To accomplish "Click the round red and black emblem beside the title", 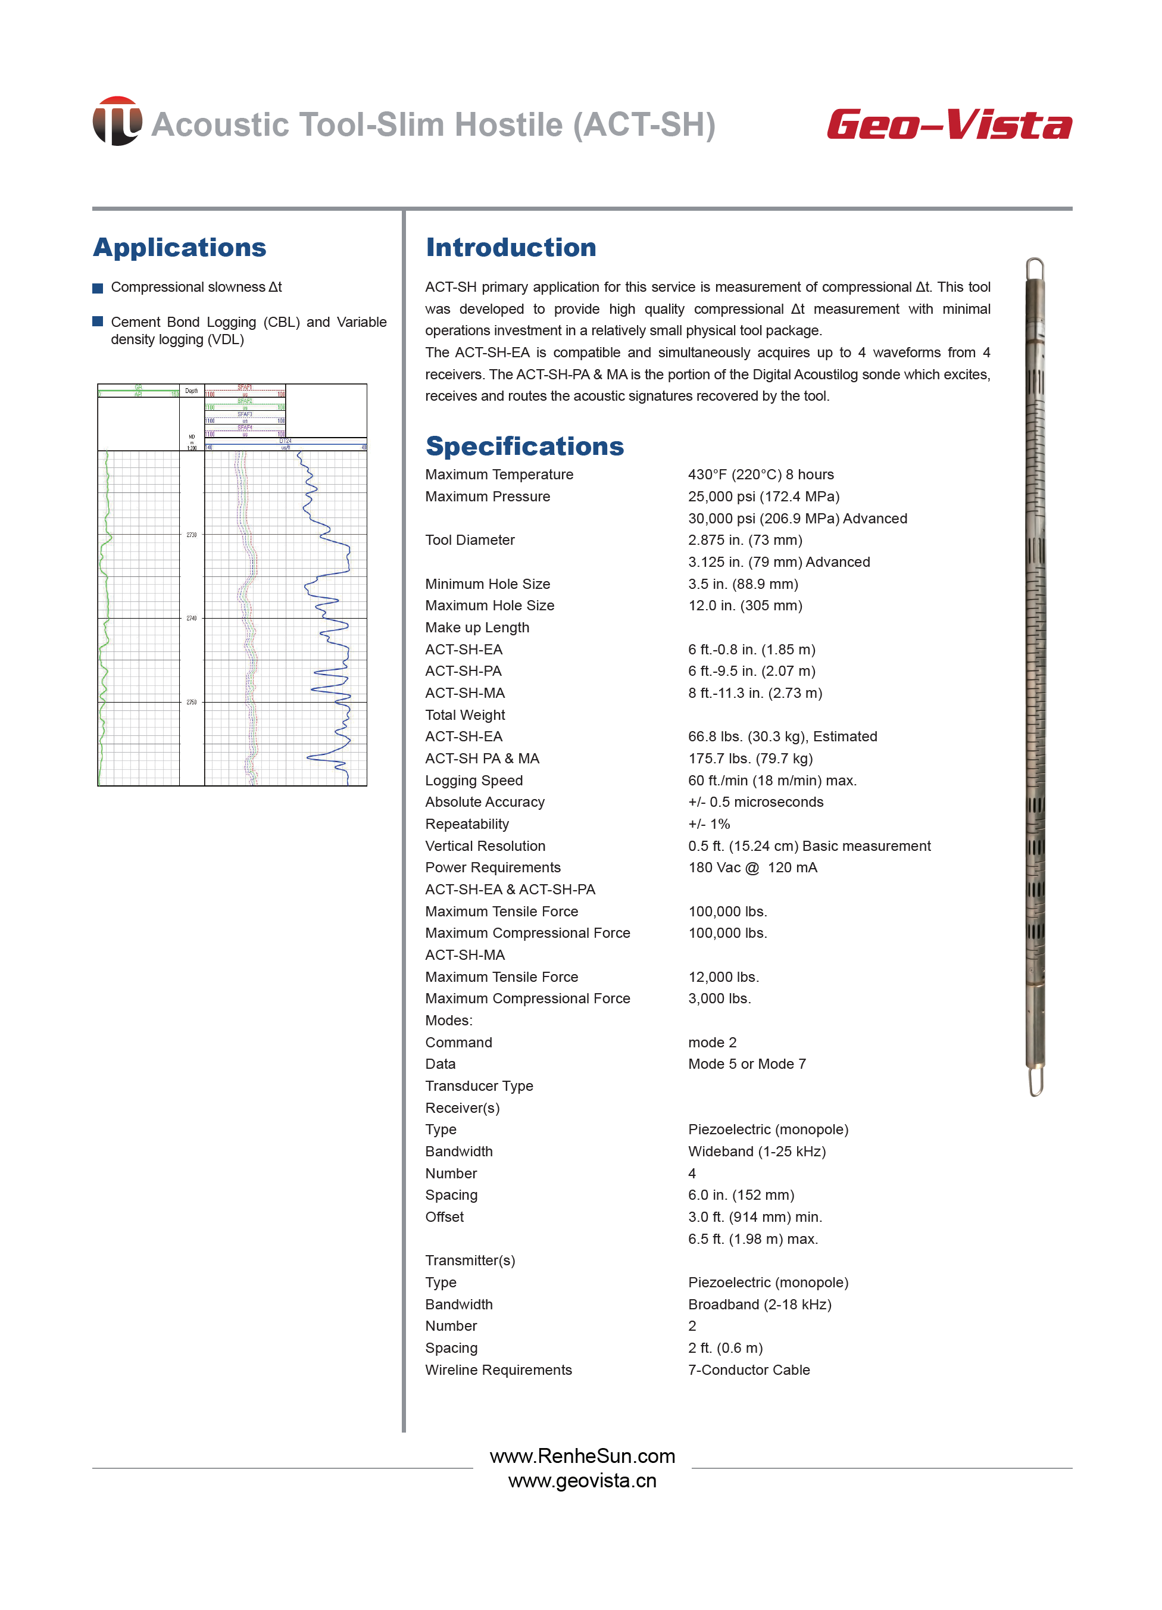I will click(117, 121).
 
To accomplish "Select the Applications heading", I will click(180, 247).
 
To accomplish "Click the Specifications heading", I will click(524, 446).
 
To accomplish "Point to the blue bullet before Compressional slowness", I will click(98, 288).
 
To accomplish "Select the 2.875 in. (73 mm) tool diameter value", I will click(745, 539).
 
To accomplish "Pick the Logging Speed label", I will click(473, 780).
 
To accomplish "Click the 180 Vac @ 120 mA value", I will click(752, 868).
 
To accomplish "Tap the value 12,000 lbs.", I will click(723, 977).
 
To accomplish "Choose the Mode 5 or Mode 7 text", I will click(746, 1063).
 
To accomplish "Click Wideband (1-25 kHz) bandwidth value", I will click(757, 1152).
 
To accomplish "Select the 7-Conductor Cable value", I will click(748, 1370).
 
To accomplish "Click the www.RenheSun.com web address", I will click(582, 1456).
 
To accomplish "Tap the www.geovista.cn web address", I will click(582, 1481).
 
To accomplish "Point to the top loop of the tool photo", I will click(1035, 270).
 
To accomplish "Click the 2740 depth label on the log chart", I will click(192, 618).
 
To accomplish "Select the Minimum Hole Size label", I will click(487, 584).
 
